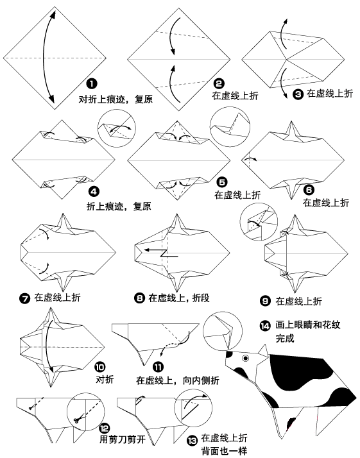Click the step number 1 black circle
(x=92, y=84)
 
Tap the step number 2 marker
(x=218, y=83)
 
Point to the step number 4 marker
(x=94, y=191)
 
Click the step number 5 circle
(x=222, y=182)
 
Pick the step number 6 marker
(x=309, y=190)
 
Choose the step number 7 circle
(x=24, y=298)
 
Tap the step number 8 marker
(x=139, y=298)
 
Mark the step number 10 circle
(x=99, y=367)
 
